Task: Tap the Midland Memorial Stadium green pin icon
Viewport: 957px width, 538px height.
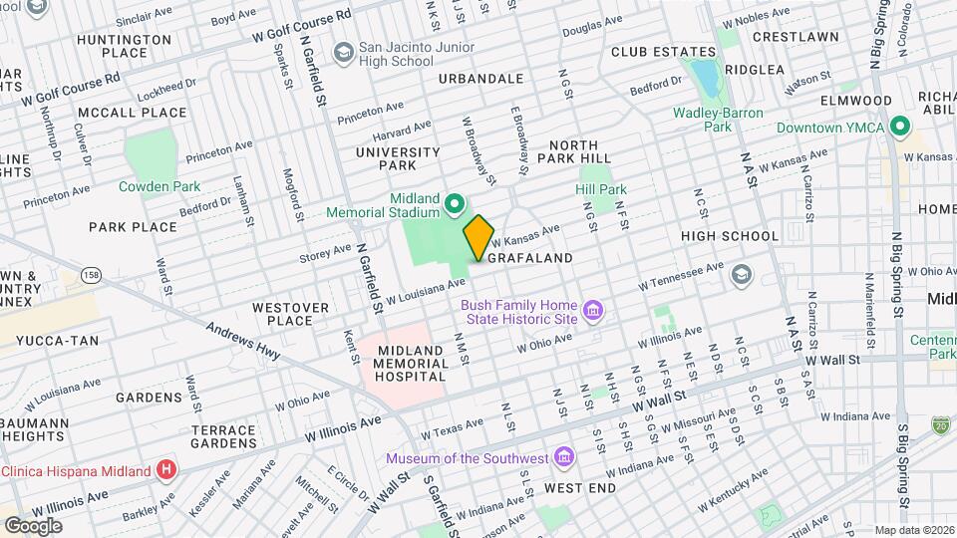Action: pos(456,205)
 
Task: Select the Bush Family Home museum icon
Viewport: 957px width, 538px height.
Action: pos(593,312)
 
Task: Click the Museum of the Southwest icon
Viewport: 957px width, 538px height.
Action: pos(565,458)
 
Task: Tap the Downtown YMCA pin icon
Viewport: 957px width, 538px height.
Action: pos(900,128)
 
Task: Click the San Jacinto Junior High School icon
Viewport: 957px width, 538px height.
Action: pos(344,51)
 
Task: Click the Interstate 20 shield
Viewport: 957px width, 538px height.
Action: pos(941,425)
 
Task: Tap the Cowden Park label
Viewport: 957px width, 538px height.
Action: pos(159,186)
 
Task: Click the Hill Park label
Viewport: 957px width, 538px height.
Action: pos(601,189)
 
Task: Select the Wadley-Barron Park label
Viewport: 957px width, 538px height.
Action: pos(717,120)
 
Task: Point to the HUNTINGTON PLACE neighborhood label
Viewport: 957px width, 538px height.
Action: pos(124,46)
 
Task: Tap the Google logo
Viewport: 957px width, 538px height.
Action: pos(33,525)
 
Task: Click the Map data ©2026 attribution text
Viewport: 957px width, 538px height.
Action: pos(913,530)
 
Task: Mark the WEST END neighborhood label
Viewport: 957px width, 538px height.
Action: pos(579,488)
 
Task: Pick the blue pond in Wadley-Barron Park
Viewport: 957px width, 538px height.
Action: pos(706,76)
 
